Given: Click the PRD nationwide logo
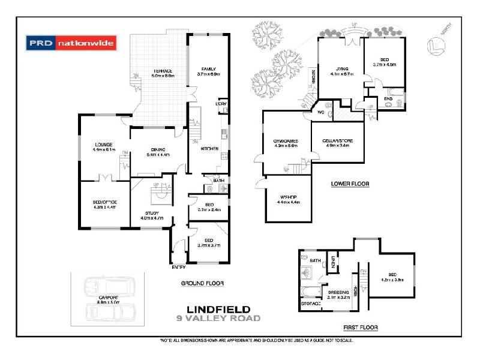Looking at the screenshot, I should [71, 43].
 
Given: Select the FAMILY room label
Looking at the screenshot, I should [209, 69].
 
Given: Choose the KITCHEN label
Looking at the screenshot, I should [208, 149].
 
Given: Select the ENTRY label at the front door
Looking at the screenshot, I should [179, 268].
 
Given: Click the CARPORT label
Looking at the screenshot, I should [109, 298].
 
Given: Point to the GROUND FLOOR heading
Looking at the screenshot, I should [203, 283].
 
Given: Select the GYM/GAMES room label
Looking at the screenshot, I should [286, 141].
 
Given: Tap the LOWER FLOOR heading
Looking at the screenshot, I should [350, 184].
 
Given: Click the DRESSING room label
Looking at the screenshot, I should [337, 292].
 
